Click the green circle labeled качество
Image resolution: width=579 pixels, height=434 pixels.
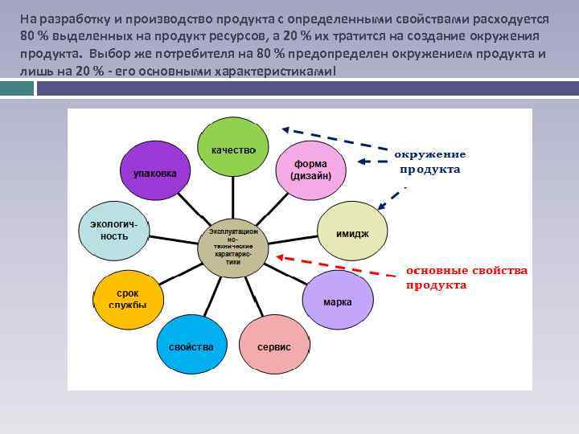click(233, 149)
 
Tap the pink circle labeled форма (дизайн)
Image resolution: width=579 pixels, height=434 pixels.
click(310, 170)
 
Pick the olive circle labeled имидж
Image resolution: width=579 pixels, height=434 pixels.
click(352, 232)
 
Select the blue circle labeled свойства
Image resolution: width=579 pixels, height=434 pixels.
click(191, 346)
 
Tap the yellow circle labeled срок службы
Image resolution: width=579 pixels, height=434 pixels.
click(128, 299)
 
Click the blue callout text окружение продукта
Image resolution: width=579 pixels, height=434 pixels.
click(429, 162)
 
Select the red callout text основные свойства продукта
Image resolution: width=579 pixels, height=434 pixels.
click(466, 278)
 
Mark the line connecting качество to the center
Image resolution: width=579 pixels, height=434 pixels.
click(233, 197)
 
